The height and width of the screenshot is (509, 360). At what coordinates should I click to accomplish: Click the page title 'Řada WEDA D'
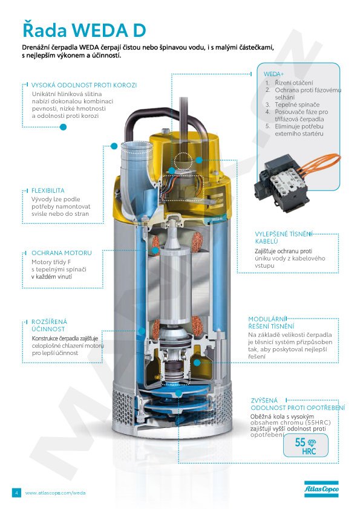click(x=84, y=30)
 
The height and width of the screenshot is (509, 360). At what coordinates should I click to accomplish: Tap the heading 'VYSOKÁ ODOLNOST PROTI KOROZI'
click(x=84, y=85)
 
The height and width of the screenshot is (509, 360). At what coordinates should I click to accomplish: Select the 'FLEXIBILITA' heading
click(x=48, y=190)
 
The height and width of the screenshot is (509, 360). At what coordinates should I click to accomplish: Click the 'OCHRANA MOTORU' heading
click(x=61, y=253)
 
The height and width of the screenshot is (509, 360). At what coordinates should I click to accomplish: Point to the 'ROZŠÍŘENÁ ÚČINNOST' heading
click(x=49, y=325)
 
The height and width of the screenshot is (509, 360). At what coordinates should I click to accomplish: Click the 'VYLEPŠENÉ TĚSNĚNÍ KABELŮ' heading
click(x=283, y=238)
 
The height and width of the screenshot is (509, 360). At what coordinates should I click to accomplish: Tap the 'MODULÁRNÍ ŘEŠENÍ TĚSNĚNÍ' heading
click(x=271, y=323)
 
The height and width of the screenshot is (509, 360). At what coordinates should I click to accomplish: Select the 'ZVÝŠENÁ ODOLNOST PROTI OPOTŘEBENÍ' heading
click(x=298, y=404)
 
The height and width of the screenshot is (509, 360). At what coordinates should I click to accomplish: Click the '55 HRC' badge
click(x=306, y=446)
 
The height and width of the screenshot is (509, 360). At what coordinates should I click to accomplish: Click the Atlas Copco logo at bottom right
click(x=321, y=489)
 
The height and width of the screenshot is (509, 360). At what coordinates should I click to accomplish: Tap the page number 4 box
click(x=16, y=493)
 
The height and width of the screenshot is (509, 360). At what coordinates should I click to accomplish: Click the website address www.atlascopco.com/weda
click(x=55, y=493)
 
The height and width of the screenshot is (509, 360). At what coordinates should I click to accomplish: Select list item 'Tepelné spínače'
click(x=297, y=105)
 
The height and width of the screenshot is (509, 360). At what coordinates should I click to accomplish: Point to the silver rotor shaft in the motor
click(x=174, y=279)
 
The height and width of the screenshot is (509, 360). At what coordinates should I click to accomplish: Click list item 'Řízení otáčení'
click(x=294, y=83)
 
